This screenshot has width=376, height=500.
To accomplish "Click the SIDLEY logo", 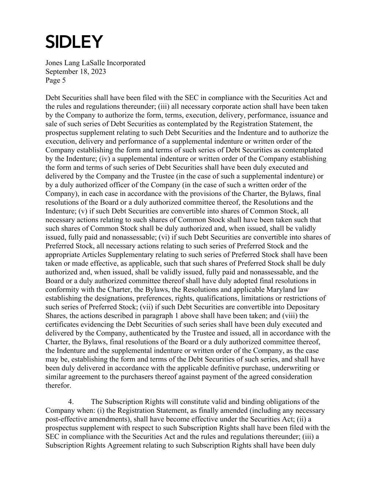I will coord(74,42).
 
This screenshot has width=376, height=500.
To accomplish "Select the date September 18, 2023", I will coord(76,71).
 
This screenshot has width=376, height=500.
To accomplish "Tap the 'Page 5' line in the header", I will coord(56,80).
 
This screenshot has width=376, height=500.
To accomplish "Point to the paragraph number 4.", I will coord(72,402).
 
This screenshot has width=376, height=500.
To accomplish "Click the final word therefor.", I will coord(58,385).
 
